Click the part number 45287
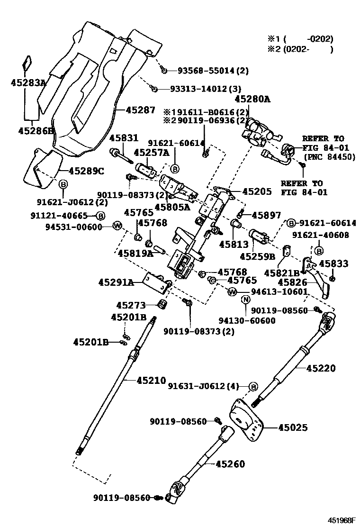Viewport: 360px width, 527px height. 140,110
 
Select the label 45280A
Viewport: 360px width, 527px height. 252,99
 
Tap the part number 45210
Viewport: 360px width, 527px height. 152,380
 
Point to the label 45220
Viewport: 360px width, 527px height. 320,368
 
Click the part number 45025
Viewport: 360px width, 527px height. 292,428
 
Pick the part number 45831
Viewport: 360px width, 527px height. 124,138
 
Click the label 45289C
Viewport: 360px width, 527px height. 87,171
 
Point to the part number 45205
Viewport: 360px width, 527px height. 257,191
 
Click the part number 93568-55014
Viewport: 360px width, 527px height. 207,71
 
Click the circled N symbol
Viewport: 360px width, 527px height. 245,300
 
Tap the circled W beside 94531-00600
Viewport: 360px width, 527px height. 117,226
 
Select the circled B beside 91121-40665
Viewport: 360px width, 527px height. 100,215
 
